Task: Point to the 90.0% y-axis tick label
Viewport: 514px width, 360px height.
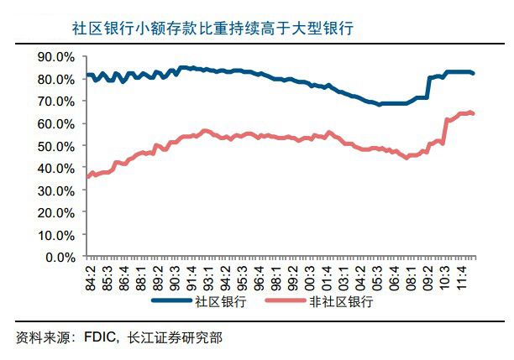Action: [x=56, y=56]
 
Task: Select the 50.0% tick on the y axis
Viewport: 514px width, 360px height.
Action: [x=56, y=145]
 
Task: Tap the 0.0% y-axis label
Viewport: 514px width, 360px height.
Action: [x=60, y=257]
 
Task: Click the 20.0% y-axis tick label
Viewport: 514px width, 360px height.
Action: [x=56, y=212]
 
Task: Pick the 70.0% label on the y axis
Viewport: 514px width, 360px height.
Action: [x=56, y=101]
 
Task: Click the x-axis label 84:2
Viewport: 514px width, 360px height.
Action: [x=90, y=276]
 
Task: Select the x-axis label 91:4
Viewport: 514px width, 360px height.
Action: [x=191, y=276]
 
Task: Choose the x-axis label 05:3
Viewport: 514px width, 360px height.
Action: [x=378, y=276]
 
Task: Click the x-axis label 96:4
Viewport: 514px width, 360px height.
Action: [x=260, y=276]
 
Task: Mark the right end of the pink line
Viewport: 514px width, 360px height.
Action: [x=475, y=113]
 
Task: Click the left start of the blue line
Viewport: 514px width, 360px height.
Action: [x=87, y=76]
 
